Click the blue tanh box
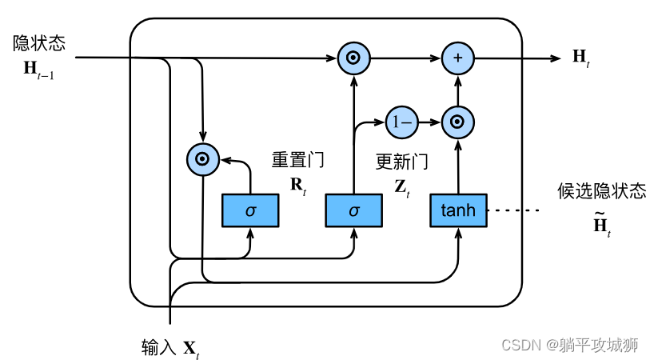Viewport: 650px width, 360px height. (458, 210)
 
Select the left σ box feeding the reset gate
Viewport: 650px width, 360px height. (250, 210)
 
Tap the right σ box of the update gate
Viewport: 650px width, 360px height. (353, 210)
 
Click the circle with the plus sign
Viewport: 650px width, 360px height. (457, 58)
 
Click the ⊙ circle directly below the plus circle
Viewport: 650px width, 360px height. (457, 122)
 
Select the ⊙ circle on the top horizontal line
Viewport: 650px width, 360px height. (353, 58)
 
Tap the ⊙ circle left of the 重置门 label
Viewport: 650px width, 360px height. (203, 159)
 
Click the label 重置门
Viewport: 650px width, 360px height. (297, 160)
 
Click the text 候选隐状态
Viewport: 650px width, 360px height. (601, 192)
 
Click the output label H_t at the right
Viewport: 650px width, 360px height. (580, 57)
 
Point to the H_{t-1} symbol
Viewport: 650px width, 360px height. (39, 70)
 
